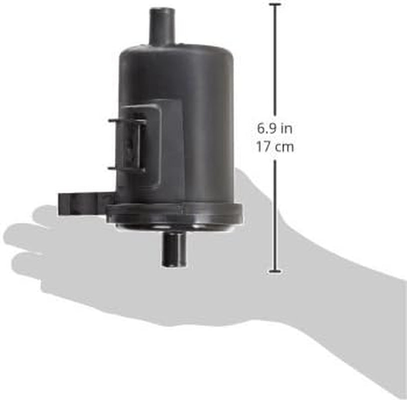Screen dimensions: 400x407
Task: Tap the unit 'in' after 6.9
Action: [x=286, y=128]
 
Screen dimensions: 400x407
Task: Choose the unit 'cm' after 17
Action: [x=284, y=148]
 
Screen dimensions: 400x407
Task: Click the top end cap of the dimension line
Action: [x=275, y=4]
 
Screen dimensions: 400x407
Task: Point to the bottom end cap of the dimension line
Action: [x=275, y=271]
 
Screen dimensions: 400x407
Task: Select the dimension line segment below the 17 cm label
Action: [x=275, y=215]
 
